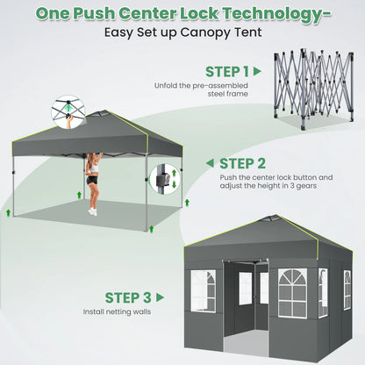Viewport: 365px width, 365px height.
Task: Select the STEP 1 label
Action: [x=227, y=72]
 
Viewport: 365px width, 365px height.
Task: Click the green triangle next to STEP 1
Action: [x=257, y=71]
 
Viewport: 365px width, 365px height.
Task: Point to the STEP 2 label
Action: [x=242, y=163]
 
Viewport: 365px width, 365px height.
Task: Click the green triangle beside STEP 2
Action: [x=210, y=163]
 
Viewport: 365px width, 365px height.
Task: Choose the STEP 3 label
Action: [x=128, y=297]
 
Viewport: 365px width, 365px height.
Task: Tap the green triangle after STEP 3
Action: [x=160, y=297]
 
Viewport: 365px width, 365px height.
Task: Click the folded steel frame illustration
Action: [x=314, y=89]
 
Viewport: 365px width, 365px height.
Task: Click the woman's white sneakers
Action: [x=93, y=211]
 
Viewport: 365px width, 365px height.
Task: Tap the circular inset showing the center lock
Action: [x=68, y=111]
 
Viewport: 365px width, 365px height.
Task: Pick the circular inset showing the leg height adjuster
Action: [x=164, y=179]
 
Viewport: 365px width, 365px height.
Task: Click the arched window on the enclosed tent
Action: [x=292, y=293]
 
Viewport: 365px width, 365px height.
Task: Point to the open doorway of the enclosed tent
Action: [x=246, y=307]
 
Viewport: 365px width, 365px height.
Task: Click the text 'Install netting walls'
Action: [x=117, y=311]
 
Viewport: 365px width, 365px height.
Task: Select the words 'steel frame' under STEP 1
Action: [x=228, y=94]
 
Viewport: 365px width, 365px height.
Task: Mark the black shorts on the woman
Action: [x=91, y=180]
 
